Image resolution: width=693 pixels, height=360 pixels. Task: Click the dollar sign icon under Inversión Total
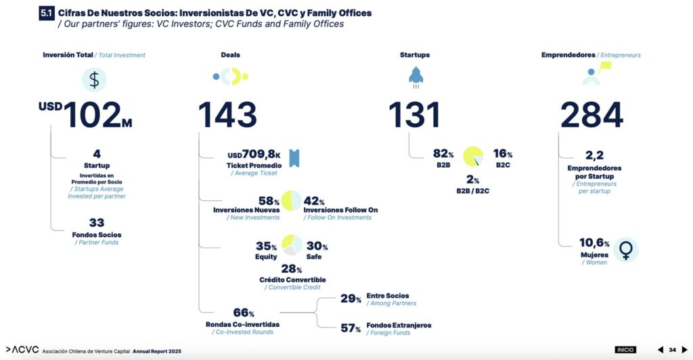click(94, 80)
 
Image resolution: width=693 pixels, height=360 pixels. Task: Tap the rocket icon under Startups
click(415, 76)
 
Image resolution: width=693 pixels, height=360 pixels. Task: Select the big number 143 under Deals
click(227, 115)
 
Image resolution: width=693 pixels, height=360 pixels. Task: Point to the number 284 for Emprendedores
click(591, 115)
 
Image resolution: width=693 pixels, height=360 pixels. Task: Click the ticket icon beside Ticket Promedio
click(294, 158)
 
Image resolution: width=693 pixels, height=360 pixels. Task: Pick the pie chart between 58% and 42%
click(292, 201)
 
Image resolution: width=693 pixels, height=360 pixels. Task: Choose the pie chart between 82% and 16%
click(473, 156)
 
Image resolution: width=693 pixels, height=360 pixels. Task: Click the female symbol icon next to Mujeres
click(626, 250)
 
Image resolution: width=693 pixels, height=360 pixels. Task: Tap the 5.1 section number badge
click(46, 14)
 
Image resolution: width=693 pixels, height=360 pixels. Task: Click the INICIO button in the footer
click(625, 350)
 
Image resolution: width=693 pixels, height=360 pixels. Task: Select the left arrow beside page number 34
click(661, 350)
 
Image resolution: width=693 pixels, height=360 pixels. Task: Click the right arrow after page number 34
click(684, 350)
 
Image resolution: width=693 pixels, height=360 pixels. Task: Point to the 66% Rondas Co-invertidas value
click(243, 313)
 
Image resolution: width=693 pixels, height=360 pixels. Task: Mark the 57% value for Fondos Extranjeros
click(351, 328)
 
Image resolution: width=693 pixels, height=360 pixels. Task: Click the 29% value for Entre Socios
click(351, 298)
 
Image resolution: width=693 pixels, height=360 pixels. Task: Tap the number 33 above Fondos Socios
click(97, 223)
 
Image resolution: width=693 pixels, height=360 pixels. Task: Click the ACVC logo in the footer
click(21, 351)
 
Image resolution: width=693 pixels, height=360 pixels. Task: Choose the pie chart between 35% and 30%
click(292, 245)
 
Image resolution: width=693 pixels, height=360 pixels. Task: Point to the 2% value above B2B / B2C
click(472, 180)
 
